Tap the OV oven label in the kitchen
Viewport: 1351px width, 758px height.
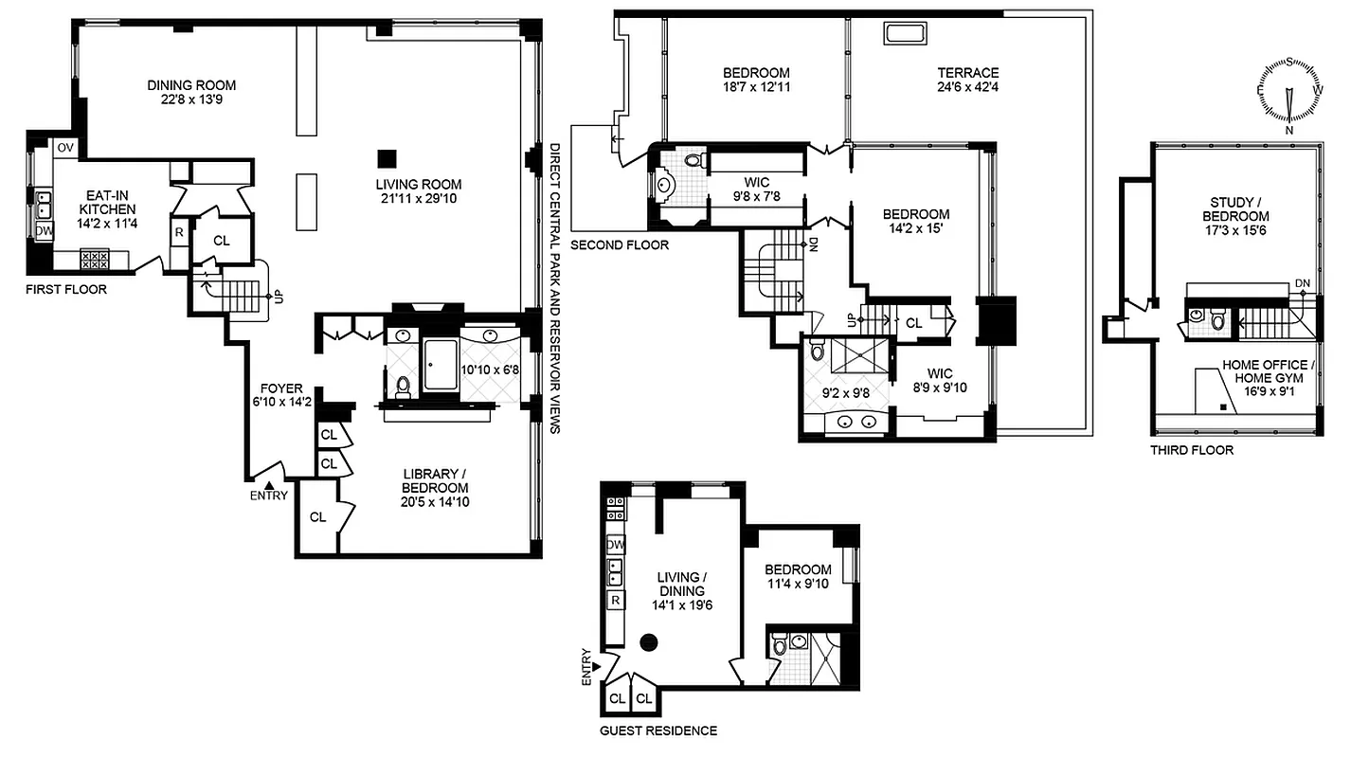pyautogui.click(x=65, y=148)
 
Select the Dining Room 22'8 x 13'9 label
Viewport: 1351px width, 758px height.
pyautogui.click(x=191, y=91)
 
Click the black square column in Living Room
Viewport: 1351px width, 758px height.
pyautogui.click(x=386, y=158)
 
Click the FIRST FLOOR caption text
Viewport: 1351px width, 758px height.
pyautogui.click(x=66, y=289)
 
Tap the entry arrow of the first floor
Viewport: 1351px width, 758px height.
pyautogui.click(x=268, y=484)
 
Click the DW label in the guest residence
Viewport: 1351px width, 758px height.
pyautogui.click(x=616, y=545)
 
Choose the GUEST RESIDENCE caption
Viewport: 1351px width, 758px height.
pyautogui.click(x=658, y=731)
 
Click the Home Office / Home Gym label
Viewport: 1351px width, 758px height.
pyautogui.click(x=1267, y=371)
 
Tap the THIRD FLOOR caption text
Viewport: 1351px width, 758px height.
pyautogui.click(x=1192, y=450)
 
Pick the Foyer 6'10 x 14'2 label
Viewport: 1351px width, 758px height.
pyautogui.click(x=282, y=395)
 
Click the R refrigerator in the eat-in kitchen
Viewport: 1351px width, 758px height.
pyautogui.click(x=178, y=232)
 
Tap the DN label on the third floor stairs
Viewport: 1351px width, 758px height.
pyautogui.click(x=1303, y=283)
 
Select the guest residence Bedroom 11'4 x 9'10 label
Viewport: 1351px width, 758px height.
pyautogui.click(x=799, y=576)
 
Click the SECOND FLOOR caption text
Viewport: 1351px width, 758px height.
pyautogui.click(x=620, y=245)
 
